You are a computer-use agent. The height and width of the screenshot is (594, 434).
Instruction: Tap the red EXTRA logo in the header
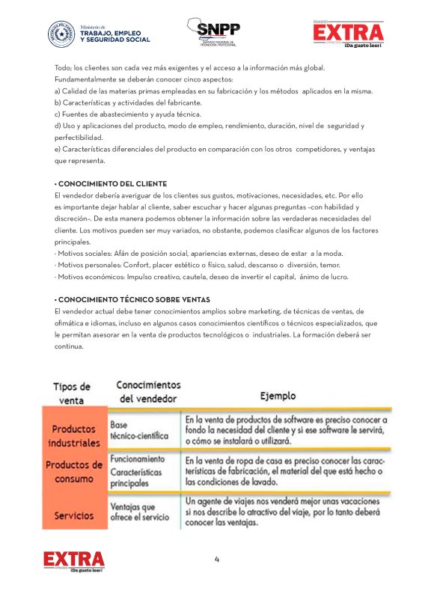click(348, 32)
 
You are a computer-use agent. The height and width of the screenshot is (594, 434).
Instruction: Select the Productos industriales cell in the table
click(76, 435)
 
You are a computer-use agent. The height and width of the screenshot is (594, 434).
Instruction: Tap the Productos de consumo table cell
click(75, 471)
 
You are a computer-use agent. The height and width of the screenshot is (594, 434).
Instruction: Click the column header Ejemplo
click(278, 395)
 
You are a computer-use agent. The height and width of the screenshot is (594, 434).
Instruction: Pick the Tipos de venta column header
click(72, 394)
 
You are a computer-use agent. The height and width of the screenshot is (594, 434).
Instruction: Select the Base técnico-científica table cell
click(139, 428)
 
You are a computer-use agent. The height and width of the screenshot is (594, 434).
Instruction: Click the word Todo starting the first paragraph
click(63, 68)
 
